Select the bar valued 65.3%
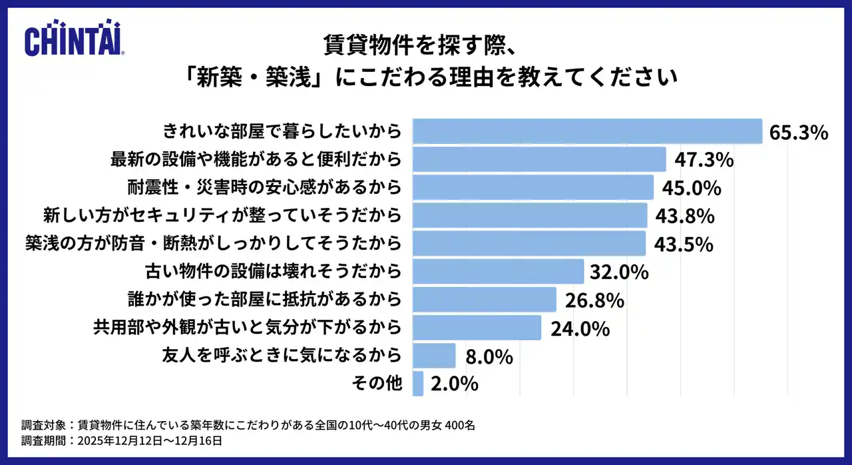click(x=587, y=131)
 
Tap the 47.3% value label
click(x=704, y=160)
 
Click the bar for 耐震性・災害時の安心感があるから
click(x=532, y=188)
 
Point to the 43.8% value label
click(x=684, y=216)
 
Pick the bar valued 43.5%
click(x=529, y=244)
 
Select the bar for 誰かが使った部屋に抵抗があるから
click(x=484, y=300)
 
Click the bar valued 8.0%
click(x=434, y=356)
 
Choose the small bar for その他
click(x=418, y=384)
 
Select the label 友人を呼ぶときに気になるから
click(x=282, y=356)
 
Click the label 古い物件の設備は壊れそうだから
click(x=274, y=272)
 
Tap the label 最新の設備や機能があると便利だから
click(x=256, y=160)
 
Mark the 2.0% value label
click(x=454, y=384)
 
